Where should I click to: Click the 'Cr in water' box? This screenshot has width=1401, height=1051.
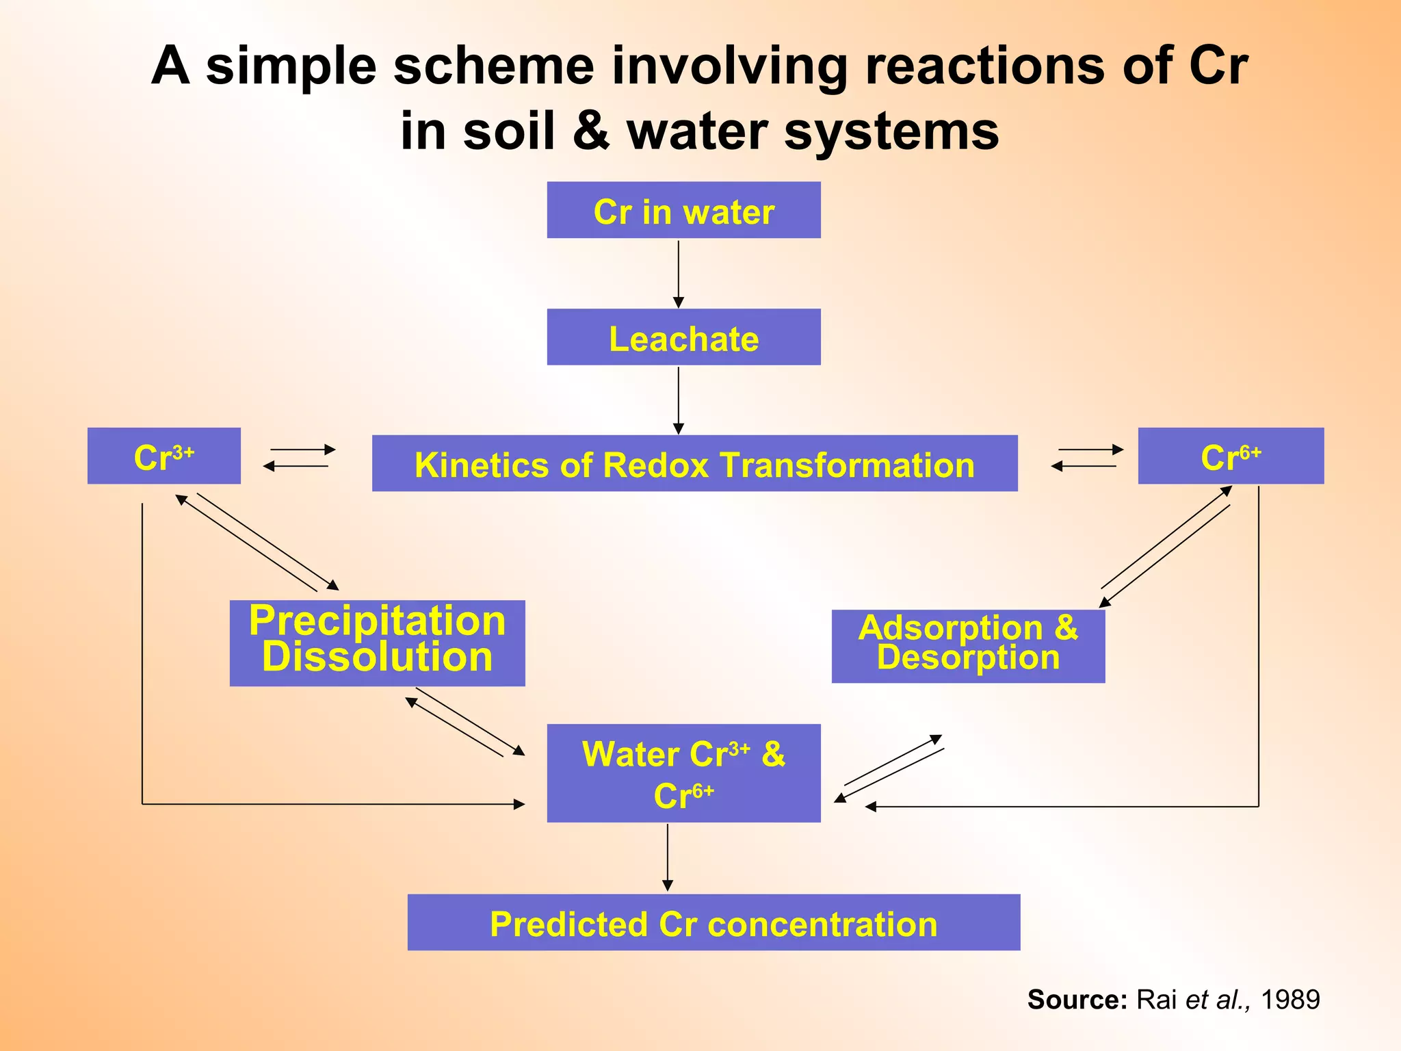pos(683,211)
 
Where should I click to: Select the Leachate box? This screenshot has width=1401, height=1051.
pos(683,337)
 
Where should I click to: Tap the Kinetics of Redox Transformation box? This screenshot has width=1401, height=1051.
pos(694,464)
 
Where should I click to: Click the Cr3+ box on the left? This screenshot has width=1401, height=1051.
pos(164,456)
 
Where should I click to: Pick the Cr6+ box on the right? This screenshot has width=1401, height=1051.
pos(1231,456)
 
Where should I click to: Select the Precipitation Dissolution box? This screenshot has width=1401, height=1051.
pos(377,643)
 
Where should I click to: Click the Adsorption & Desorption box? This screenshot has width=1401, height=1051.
pos(968,646)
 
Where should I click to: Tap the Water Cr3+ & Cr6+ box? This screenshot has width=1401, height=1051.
pos(683,773)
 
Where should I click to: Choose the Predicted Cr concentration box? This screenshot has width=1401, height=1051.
pos(713,922)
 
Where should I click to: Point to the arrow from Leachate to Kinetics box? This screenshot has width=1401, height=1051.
pos(679,400)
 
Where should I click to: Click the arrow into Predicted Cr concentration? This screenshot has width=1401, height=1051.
pos(668,858)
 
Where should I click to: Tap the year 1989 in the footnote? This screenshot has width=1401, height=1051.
pos(1290,1000)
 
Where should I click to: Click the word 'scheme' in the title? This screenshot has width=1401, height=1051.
pos(493,66)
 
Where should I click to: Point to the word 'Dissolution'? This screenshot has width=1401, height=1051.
pos(377,658)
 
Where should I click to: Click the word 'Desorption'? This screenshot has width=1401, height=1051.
pos(968,658)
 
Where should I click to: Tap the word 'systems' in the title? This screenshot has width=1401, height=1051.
pos(891,131)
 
